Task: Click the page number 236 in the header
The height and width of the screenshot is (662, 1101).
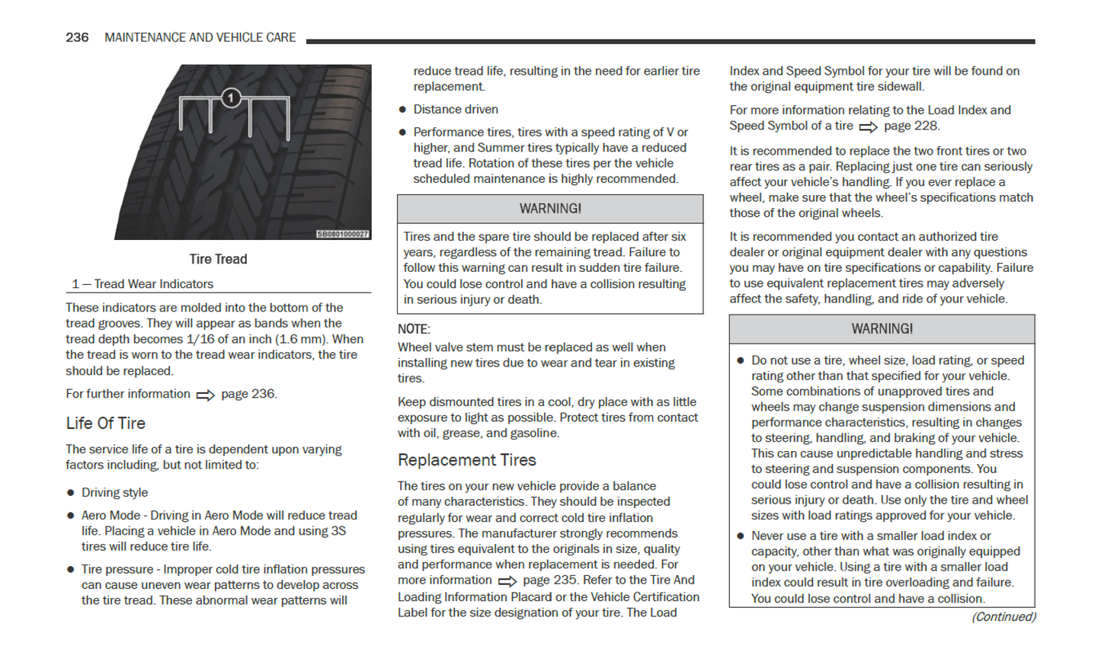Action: pos(77,37)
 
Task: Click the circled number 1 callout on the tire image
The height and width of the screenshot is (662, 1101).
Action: pos(231,98)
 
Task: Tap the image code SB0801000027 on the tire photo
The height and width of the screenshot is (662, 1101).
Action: pos(343,234)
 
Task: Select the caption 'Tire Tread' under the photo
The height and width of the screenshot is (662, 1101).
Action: pos(218,259)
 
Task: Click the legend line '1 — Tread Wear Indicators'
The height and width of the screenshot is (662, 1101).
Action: pos(142,284)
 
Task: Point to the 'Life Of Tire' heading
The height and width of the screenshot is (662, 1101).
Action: pos(105,424)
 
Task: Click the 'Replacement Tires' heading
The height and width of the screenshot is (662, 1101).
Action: pos(466,460)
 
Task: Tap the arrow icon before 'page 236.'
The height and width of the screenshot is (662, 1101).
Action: pos(206,395)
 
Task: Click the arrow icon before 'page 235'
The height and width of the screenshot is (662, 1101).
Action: pos(507,581)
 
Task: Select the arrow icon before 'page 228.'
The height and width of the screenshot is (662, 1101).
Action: pos(868,127)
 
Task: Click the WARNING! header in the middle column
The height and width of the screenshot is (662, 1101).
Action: pos(550,209)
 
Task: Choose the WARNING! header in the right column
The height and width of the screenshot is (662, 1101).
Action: pos(882,329)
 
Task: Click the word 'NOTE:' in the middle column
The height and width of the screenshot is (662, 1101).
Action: pos(414,329)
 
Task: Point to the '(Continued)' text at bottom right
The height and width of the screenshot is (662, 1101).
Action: pos(1003,617)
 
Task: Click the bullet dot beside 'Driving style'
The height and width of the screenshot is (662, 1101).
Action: pos(71,493)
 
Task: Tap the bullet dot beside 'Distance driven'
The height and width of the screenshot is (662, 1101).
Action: pos(402,110)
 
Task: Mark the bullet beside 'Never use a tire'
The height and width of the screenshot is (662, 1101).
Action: pos(740,536)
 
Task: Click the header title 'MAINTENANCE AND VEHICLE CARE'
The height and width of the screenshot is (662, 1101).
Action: pos(200,37)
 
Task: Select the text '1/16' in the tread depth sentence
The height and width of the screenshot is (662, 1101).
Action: pos(202,339)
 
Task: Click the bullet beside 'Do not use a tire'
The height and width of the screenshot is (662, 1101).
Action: pos(740,360)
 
